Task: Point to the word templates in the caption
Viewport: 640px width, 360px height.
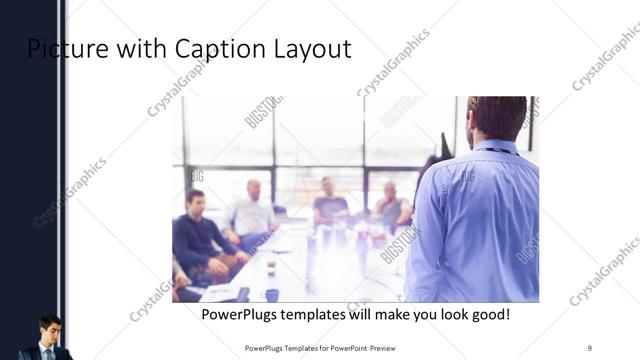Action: point(328,315)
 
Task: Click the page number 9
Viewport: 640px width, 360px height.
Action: point(590,347)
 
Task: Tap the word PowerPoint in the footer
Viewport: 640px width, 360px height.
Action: point(345,347)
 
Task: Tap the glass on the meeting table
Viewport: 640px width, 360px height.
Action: point(271,265)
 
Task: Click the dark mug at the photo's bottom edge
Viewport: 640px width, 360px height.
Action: point(272,295)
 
